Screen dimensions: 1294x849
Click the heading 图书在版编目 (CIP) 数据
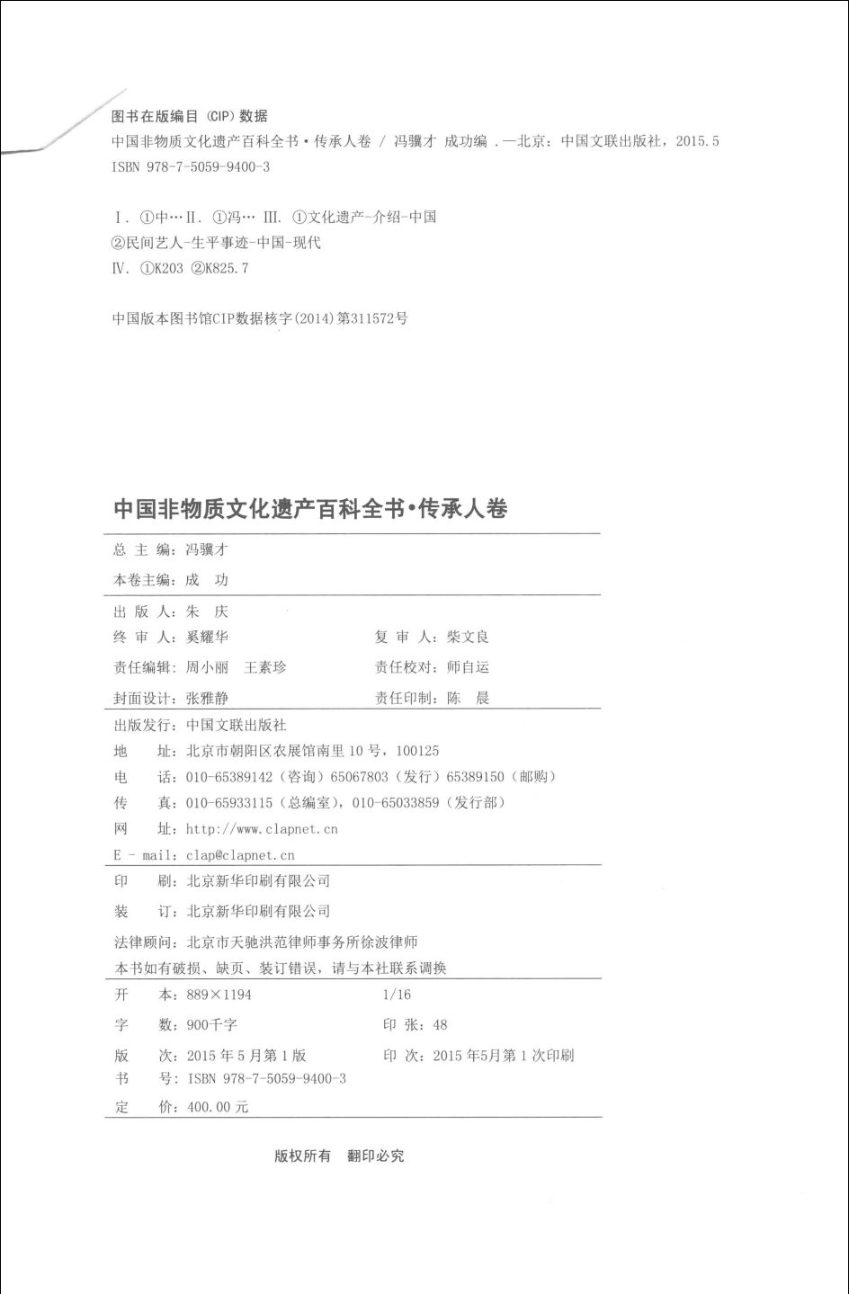[x=189, y=116]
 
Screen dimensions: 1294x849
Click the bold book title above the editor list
[x=310, y=509]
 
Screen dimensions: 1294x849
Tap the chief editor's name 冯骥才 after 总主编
[x=207, y=550]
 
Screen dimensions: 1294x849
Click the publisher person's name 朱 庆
[x=207, y=611]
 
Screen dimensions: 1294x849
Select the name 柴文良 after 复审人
[x=468, y=638]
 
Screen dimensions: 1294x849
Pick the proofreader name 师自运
[x=468, y=667]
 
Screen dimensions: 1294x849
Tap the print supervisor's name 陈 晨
[x=468, y=698]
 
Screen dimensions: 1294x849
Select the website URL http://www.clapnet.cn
[x=262, y=829]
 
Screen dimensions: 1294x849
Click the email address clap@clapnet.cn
[x=240, y=856]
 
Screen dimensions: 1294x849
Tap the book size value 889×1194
[x=219, y=995]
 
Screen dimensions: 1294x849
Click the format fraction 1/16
[x=397, y=995]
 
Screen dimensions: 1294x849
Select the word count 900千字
[x=211, y=1025]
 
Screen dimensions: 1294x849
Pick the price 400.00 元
[x=217, y=1108]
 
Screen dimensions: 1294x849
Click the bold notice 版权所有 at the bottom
[x=302, y=1156]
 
